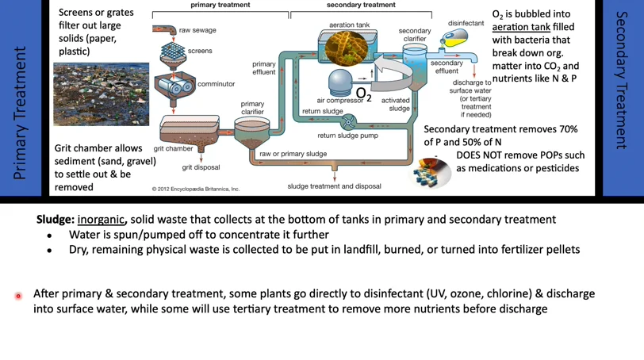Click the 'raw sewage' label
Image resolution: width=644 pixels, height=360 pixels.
coord(197,30)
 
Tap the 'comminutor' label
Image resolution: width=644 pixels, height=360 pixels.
coord(216,84)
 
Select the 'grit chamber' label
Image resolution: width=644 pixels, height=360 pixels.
coord(173,148)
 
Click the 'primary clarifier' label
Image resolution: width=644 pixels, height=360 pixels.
coord(252,108)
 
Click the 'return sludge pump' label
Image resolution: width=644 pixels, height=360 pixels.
coord(347,136)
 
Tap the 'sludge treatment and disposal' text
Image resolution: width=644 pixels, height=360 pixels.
coord(334,186)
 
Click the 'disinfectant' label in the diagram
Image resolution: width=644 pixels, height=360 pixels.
coord(466,23)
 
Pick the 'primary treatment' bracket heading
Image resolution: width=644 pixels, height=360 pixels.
coord(220,5)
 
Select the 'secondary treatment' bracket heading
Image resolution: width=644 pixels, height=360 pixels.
coord(361,5)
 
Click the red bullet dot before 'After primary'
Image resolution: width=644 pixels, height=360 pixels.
coord(18,296)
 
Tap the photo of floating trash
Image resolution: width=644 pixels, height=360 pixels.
coord(101,94)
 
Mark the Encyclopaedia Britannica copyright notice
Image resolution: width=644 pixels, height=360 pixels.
coord(196,189)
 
